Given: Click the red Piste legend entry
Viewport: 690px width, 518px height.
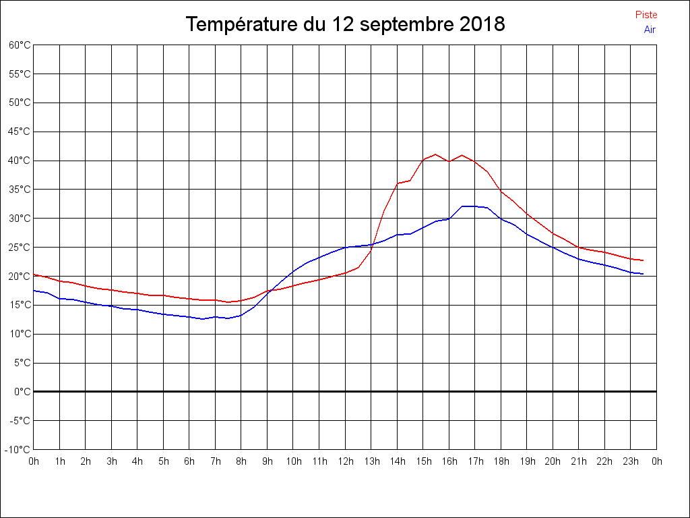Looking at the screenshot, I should point(646,15).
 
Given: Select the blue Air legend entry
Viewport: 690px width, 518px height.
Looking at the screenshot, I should point(650,30).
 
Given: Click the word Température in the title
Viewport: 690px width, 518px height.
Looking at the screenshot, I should point(243,24).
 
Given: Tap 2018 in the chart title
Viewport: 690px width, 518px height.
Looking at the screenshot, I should point(482,24).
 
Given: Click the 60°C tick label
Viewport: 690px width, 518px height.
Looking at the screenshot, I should point(20,45).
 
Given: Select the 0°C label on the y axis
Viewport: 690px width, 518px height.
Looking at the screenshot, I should point(22,391).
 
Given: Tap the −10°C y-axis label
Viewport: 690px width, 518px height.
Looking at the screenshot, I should point(18,449).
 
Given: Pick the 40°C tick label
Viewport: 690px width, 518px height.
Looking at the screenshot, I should point(20,161).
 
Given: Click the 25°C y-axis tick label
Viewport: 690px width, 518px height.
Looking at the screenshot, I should point(20,248).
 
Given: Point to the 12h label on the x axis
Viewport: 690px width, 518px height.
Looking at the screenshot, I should point(345,461).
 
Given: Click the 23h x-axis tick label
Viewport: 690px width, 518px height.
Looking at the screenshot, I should point(631,461).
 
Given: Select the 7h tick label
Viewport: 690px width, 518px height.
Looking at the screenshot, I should point(215,461).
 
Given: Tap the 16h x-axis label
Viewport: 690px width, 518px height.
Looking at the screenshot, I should point(449,461).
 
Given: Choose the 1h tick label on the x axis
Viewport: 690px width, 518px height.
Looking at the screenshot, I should point(59,461).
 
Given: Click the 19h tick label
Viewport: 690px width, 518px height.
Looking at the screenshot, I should point(527,461).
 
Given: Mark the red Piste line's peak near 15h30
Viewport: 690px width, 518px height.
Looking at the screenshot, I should point(435,154).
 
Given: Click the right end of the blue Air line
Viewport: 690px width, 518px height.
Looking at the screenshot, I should point(643,274).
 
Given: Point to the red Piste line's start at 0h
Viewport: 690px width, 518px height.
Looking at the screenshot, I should point(34,275).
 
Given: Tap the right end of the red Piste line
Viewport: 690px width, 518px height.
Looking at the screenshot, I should point(643,260).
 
